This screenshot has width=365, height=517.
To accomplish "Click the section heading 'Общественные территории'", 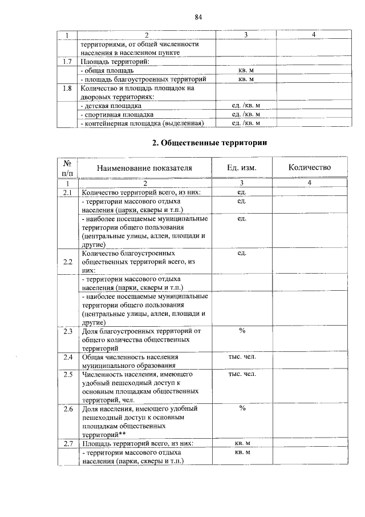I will click(x=210, y=143).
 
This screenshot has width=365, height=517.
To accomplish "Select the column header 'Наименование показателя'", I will click(x=144, y=168).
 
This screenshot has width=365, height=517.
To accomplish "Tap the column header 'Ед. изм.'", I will click(x=241, y=168).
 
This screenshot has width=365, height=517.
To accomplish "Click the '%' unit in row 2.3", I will click(x=242, y=331).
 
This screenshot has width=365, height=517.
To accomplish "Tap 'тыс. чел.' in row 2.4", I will click(x=242, y=357).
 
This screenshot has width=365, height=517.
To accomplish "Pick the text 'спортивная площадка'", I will click(x=119, y=114).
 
